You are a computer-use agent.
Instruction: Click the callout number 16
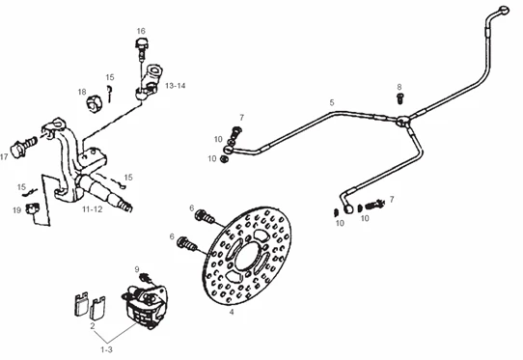141,31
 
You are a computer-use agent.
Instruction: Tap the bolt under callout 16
142,49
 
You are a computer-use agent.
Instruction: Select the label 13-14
175,86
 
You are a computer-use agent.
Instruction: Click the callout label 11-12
93,209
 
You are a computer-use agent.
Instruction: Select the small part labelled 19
33,208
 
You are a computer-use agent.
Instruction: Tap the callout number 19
16,210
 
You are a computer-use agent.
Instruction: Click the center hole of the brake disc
247,256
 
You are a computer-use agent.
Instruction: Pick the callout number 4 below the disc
232,313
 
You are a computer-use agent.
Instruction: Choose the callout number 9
137,269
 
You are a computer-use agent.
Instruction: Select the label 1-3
106,349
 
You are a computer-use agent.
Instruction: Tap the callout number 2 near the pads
93,326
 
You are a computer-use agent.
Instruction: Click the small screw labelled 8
400,98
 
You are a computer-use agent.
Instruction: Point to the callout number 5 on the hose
332,102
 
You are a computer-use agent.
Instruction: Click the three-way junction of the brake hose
402,121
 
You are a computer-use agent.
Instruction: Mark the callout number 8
399,87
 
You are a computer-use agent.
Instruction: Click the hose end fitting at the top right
504,10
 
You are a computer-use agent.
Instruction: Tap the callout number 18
82,92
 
